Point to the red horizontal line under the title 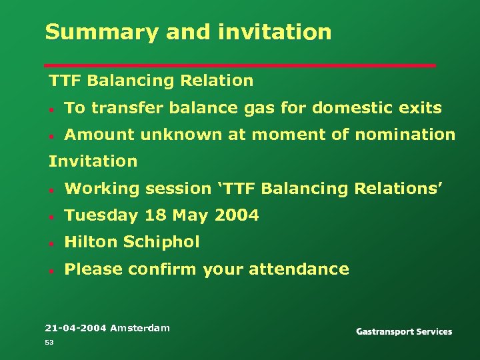[240, 65]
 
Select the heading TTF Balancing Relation [151, 81]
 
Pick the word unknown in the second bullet [181, 135]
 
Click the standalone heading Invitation [93, 161]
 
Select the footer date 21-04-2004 [75, 328]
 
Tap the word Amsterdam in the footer [140, 328]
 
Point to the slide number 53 [49, 342]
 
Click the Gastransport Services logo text [404, 331]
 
